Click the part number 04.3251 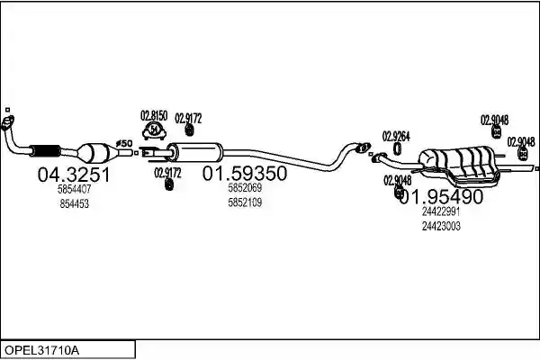[74, 175]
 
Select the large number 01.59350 [245, 173]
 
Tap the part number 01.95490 [442, 197]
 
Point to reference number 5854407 [75, 189]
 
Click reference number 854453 [75, 204]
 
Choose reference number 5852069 [245, 188]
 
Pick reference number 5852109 [245, 202]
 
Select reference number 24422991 [441, 211]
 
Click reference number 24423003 [441, 226]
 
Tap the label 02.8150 [154, 116]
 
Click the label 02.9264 [396, 137]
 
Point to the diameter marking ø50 [124, 143]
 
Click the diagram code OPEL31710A [41, 351]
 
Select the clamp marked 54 [154, 131]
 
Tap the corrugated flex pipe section [45, 150]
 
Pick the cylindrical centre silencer [195, 152]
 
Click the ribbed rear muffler [458, 164]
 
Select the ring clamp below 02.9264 [398, 148]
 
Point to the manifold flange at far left [7, 123]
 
